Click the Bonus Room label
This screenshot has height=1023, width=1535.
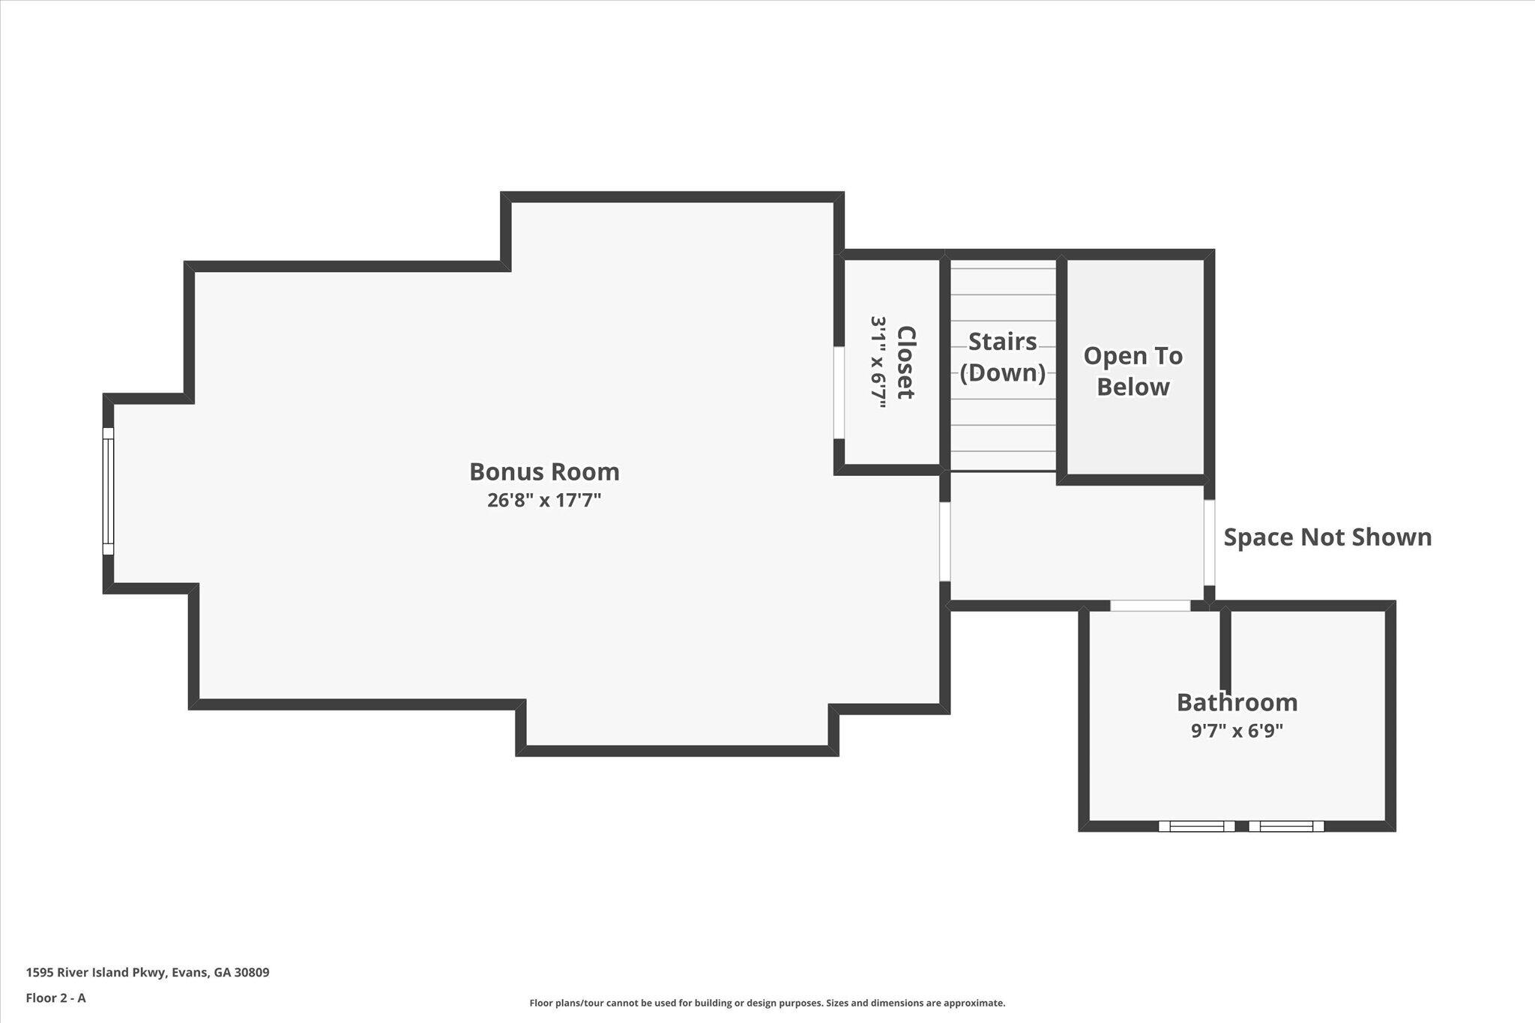point(544,471)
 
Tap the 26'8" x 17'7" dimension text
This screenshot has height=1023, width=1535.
point(544,500)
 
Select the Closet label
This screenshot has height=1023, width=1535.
point(906,362)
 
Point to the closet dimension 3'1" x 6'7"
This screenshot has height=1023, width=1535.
point(878,362)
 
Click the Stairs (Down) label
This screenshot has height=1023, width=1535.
point(1002,357)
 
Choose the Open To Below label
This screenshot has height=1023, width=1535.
point(1133,371)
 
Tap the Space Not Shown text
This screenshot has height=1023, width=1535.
point(1327,537)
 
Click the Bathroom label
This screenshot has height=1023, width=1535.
point(1237,702)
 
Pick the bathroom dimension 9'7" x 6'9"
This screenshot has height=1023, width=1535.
point(1237,731)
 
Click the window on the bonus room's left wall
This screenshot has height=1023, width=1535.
point(108,491)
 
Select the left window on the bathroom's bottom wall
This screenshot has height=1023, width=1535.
point(1196,826)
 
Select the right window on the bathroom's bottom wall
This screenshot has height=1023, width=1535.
point(1286,826)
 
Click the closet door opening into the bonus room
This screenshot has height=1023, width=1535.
point(839,392)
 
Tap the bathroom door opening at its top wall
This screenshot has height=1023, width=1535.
point(1150,606)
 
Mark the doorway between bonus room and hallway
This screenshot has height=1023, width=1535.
point(945,541)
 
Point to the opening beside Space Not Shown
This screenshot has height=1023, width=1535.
point(1209,542)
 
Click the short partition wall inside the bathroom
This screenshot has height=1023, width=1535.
point(1225,645)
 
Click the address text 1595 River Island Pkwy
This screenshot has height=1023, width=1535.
point(148,973)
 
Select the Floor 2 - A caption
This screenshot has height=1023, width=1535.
point(55,998)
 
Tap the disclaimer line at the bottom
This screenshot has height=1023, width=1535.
point(767,1003)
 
